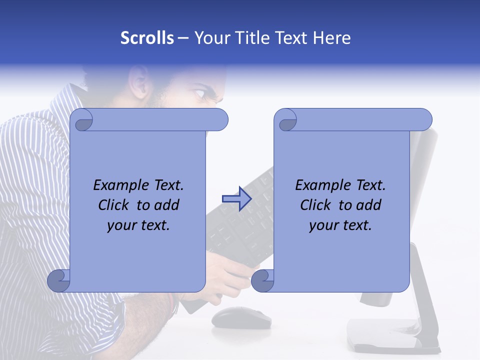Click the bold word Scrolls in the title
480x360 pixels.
coord(147,38)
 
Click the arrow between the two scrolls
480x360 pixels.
coord(236,199)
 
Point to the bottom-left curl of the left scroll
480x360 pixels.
coord(58,280)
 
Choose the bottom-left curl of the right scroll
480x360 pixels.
coord(262,280)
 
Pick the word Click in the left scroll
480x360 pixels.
coord(115,205)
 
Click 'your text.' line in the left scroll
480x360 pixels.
coord(138,225)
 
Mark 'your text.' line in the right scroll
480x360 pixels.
coord(340,225)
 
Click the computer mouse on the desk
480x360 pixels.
coord(241,317)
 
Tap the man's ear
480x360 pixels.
coord(138,82)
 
